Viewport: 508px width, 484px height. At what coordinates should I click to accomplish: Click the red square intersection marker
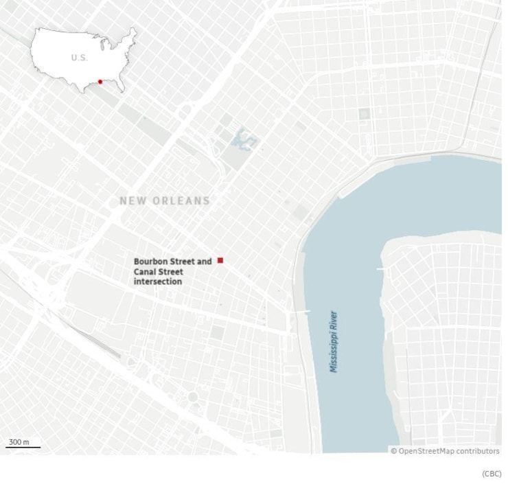(220, 260)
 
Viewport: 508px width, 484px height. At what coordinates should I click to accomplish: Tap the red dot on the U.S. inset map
(100, 82)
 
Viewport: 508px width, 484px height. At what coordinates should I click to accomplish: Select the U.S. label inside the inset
(79, 58)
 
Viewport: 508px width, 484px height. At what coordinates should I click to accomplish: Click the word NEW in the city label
(132, 201)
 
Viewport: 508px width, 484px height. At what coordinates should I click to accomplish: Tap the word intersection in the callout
(158, 281)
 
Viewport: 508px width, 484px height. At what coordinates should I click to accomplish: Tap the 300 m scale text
(19, 441)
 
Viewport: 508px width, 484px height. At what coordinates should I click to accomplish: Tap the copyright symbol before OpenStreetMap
(394, 451)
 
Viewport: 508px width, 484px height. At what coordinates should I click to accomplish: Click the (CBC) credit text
(492, 474)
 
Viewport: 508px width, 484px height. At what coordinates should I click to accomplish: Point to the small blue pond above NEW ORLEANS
(243, 140)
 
